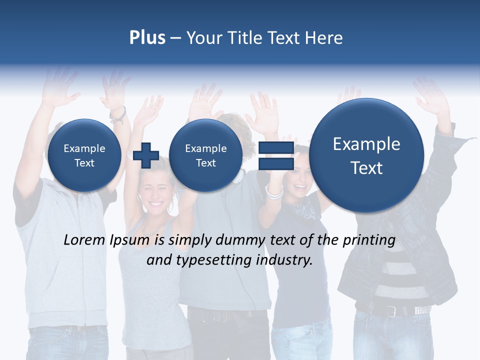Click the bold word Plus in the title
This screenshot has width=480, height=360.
coord(147,38)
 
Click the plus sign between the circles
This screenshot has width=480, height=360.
coord(146,155)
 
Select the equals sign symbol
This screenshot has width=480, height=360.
coord(276,155)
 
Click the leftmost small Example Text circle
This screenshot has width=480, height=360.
coord(84,155)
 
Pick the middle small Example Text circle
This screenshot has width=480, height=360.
coord(205,155)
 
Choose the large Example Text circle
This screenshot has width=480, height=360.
coord(366,155)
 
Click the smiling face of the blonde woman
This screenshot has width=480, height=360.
coord(154,195)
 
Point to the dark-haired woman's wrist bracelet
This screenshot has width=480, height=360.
coord(274,191)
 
